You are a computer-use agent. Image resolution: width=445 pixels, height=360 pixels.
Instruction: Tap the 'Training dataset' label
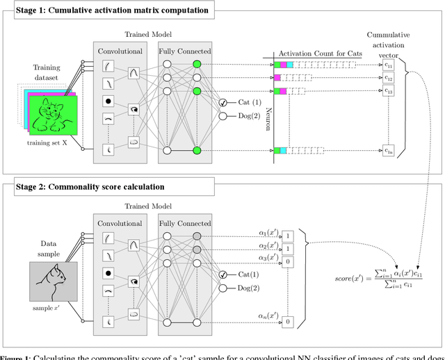click(x=44, y=72)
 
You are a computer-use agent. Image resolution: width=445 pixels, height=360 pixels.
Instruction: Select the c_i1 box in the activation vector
click(x=389, y=65)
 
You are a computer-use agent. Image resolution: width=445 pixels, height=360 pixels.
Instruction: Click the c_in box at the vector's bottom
click(x=389, y=149)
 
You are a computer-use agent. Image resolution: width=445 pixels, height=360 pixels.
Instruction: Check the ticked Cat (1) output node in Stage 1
click(x=223, y=102)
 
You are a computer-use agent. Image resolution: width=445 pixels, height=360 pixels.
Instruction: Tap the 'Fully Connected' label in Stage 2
click(x=184, y=224)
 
